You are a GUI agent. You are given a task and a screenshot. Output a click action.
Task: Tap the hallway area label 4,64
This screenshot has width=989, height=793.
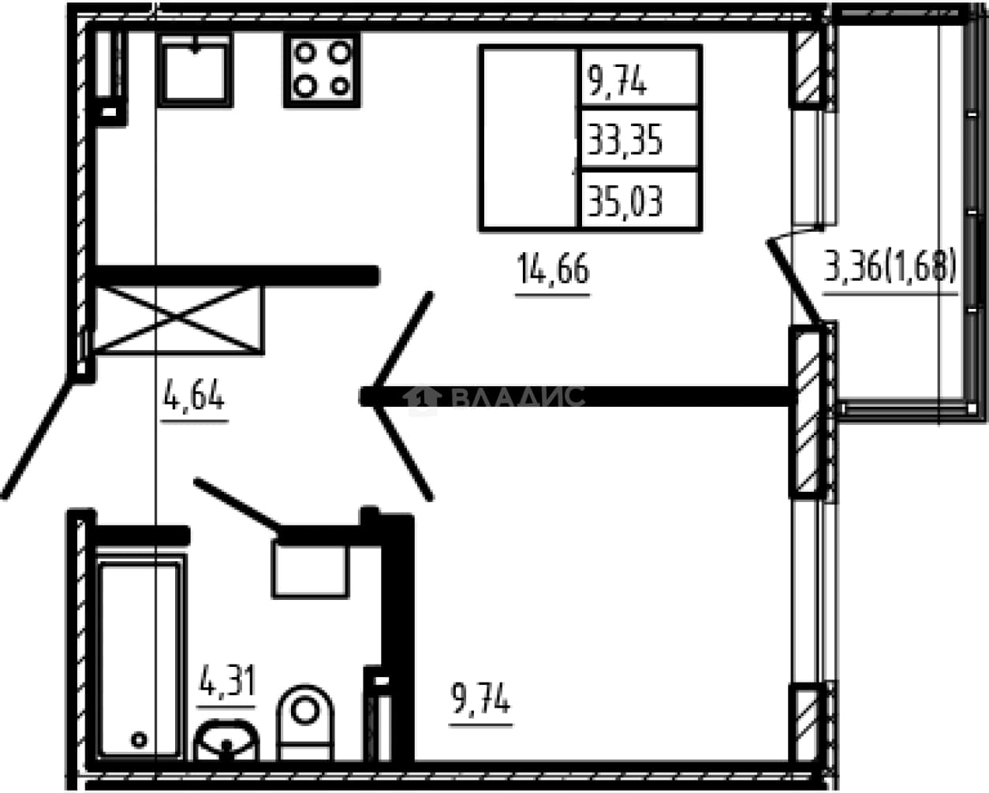coord(194,395)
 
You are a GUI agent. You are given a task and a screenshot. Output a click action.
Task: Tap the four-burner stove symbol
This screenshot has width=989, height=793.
coord(322,69)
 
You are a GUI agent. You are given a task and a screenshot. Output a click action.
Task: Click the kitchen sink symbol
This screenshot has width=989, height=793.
coord(196,70)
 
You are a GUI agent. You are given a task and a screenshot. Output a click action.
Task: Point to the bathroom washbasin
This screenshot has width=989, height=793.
coord(226,740)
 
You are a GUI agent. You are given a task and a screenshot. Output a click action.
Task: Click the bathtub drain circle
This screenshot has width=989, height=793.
coord(140,739)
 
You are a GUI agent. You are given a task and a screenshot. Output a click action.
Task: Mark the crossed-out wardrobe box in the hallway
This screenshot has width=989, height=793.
coord(178,320)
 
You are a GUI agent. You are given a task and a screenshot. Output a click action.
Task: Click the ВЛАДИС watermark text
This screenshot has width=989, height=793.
coord(518,396)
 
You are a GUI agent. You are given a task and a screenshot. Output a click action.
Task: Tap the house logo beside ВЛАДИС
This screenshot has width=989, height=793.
coord(423,397)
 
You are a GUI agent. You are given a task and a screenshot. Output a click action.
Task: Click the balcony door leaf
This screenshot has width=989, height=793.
coord(794,281)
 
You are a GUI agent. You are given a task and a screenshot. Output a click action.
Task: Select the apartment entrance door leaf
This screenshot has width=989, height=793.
coord(38,440)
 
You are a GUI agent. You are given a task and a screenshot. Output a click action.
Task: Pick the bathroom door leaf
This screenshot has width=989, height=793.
coord(237,506)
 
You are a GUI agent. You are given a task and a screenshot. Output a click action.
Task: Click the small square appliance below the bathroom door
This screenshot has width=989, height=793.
coord(311,571)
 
